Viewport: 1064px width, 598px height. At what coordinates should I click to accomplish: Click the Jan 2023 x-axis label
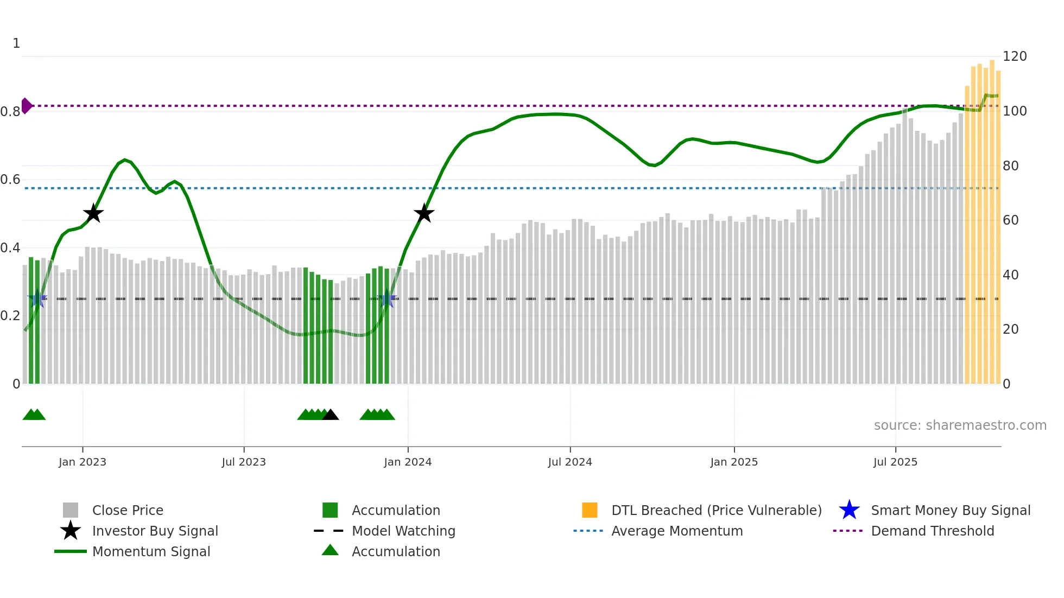[x=83, y=462]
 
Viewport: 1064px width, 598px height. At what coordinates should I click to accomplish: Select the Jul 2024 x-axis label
[x=570, y=462]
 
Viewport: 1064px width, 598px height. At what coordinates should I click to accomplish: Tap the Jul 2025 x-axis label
[x=895, y=462]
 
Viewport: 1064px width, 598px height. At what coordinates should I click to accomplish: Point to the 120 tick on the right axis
[x=1015, y=56]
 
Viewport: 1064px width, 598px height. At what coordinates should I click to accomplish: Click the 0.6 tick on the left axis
[x=10, y=180]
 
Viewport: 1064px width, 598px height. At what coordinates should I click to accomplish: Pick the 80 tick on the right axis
[x=1011, y=166]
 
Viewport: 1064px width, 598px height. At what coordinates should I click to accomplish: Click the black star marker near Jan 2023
[x=93, y=213]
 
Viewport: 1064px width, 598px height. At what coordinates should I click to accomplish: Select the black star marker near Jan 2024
[x=424, y=213]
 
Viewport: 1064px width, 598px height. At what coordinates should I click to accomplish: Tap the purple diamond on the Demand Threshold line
[x=26, y=106]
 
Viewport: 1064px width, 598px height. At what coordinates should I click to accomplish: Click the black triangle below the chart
[x=331, y=415]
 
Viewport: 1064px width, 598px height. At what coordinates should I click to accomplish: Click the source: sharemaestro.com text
[x=960, y=425]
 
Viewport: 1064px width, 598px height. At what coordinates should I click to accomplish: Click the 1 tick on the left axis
[x=16, y=43]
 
